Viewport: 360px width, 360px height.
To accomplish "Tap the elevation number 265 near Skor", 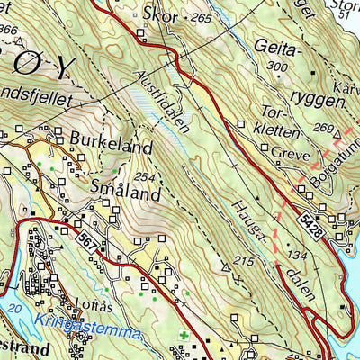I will point(202,18).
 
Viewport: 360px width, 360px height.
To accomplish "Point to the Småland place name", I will point(125,192).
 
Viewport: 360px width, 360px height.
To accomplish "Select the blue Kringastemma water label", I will point(89,333).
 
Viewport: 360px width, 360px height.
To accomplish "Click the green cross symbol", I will point(184,337).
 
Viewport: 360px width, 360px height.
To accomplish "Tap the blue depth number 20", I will point(10,309).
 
